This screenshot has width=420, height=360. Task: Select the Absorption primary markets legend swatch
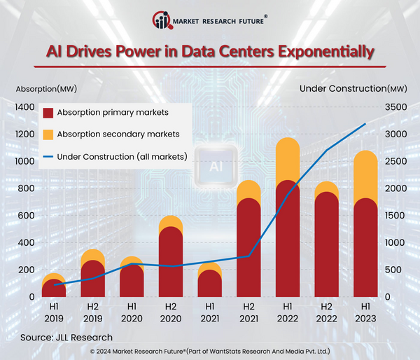pos(48,113)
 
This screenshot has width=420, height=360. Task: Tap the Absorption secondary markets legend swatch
pos(48,134)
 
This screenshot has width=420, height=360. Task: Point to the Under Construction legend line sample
pos(48,156)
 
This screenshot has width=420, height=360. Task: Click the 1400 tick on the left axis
pos(24,107)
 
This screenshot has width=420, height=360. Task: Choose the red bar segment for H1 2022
pos(287,238)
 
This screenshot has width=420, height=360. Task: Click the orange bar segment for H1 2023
pos(365,175)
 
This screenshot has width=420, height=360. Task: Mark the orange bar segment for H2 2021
pos(248,190)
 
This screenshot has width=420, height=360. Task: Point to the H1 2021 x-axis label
pos(209,311)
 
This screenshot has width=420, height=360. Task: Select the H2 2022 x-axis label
pos(325,311)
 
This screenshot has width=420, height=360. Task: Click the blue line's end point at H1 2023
pos(365,124)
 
